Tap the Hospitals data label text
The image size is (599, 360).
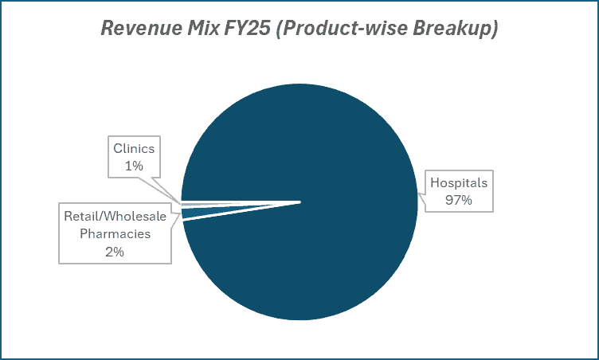(x=458, y=183)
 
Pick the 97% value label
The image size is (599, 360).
(x=458, y=200)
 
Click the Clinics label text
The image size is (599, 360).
(x=135, y=148)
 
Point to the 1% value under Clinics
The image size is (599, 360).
(x=135, y=165)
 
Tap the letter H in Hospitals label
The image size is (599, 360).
(x=435, y=183)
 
